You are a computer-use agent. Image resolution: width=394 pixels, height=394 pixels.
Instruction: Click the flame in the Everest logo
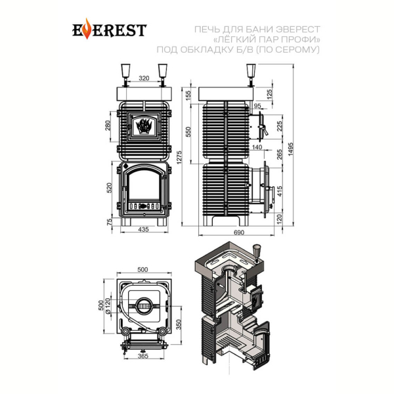click(x=87, y=29)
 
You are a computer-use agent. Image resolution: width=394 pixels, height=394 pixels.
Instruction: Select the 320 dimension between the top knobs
click(x=144, y=78)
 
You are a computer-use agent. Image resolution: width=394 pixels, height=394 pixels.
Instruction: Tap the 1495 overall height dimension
click(x=290, y=149)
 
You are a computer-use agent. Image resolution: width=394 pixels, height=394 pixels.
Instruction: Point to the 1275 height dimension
click(x=179, y=158)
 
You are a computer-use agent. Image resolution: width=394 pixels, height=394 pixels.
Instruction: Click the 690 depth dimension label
click(x=239, y=232)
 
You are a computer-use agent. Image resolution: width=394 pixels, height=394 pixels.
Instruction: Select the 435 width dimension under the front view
click(x=143, y=229)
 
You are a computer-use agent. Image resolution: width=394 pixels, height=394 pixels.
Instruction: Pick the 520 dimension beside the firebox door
click(x=110, y=188)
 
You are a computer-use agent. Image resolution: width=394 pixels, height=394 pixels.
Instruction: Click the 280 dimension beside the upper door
click(x=108, y=126)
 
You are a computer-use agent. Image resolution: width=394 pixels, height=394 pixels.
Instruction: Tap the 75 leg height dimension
click(x=110, y=222)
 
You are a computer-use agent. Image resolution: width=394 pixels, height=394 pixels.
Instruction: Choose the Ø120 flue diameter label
click(x=108, y=305)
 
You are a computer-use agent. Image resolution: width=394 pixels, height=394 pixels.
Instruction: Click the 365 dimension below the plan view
click(x=143, y=356)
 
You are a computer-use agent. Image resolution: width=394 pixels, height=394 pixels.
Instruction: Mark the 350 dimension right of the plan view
click(x=179, y=324)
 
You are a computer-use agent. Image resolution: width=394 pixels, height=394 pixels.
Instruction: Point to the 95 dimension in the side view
click(x=257, y=106)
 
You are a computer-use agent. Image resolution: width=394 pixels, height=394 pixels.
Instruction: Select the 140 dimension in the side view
click(x=257, y=147)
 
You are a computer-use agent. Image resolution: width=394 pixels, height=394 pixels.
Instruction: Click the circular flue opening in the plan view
click(x=144, y=306)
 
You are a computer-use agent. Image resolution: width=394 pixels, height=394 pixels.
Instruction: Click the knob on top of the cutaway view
click(x=256, y=253)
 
